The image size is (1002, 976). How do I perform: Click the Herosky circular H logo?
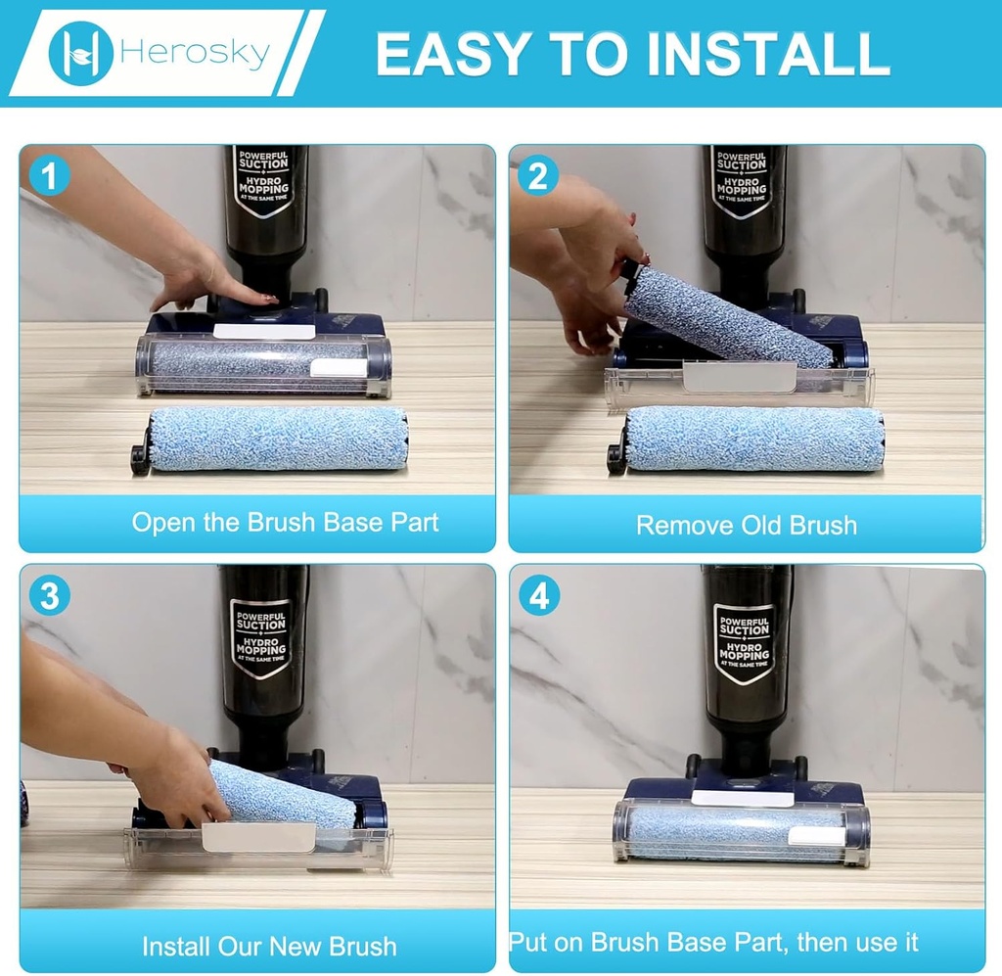pyautogui.click(x=80, y=53)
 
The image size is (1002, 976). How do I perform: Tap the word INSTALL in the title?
pyautogui.click(x=769, y=54)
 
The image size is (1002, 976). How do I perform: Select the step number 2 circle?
pyautogui.click(x=538, y=176)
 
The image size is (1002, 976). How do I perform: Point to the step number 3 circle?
pyautogui.click(x=49, y=596)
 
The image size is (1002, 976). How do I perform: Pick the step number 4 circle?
pyautogui.click(x=539, y=596)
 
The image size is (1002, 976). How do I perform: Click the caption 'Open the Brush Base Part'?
pyautogui.click(x=285, y=523)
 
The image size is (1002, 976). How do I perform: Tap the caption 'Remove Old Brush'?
pyautogui.click(x=747, y=526)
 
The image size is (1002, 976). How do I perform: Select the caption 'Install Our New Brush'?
pyautogui.click(x=269, y=946)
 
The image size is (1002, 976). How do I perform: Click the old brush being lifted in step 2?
pyautogui.click(x=727, y=316)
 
